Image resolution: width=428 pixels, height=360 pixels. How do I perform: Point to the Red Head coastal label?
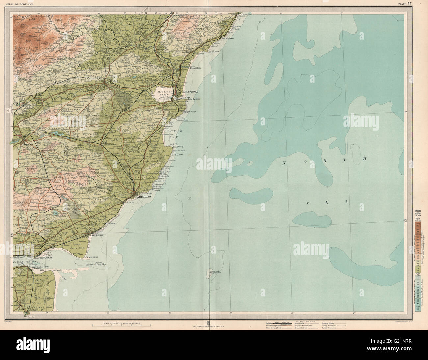(177, 154)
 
